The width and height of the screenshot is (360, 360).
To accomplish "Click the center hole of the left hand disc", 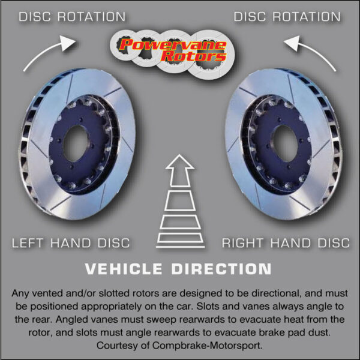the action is [76, 143].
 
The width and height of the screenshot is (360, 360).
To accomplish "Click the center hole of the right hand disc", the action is [284, 143].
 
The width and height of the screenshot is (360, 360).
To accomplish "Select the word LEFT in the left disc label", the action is [28, 243].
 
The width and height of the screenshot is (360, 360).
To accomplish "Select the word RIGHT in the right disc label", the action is [242, 243].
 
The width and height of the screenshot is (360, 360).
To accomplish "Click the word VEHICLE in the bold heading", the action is [124, 269].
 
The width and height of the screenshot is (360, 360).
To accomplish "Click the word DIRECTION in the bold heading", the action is [221, 269].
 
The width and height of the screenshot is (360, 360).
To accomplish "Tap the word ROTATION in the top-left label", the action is [91, 17].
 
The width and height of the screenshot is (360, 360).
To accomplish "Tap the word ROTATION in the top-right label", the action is [307, 17].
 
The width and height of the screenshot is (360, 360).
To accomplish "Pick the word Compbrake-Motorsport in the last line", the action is [207, 346].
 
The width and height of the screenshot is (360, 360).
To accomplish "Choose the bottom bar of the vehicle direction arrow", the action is [180, 247].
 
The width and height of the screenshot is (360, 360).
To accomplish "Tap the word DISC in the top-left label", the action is [35, 17].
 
